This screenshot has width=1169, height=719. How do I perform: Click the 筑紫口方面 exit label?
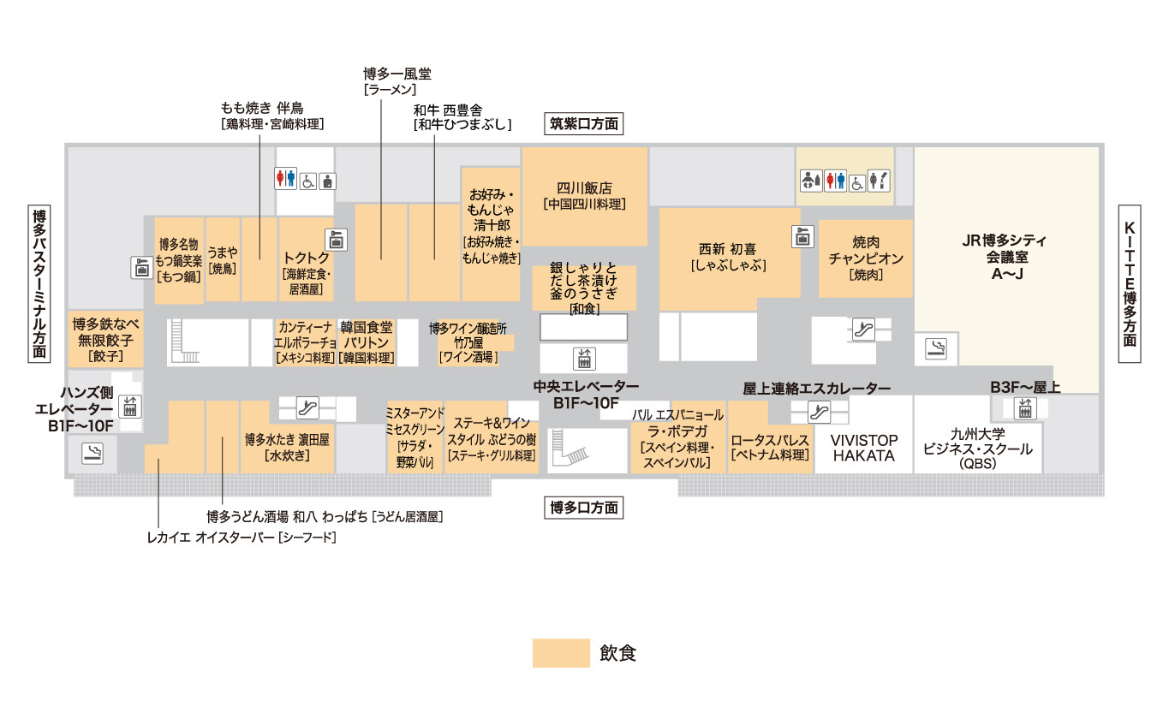[x=584, y=123]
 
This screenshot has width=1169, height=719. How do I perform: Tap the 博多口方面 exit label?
[x=584, y=508]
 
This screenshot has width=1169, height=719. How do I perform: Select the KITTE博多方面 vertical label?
[x=1130, y=284]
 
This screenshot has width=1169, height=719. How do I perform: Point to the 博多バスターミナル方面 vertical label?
[x=39, y=284]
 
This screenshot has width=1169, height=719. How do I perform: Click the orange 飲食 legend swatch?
[x=561, y=653]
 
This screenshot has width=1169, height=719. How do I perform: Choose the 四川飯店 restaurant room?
[x=585, y=196]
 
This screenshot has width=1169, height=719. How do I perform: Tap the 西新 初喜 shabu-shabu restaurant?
[x=728, y=257]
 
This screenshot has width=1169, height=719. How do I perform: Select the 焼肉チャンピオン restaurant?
[x=866, y=258]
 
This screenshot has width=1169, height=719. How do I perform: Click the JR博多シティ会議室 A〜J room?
[x=1005, y=257]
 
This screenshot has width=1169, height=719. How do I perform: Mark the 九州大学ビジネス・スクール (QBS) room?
[x=977, y=448]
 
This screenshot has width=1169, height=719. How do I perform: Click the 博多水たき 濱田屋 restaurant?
[x=287, y=447]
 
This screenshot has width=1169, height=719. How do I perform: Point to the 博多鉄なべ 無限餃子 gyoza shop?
[x=106, y=339]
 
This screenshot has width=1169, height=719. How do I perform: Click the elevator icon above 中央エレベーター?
[x=585, y=358]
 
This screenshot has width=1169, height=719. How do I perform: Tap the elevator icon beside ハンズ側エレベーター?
[x=130, y=405]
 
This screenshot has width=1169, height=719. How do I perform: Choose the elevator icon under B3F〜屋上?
[x=1025, y=408]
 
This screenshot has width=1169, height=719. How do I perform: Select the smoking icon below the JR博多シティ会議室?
[x=937, y=348]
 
